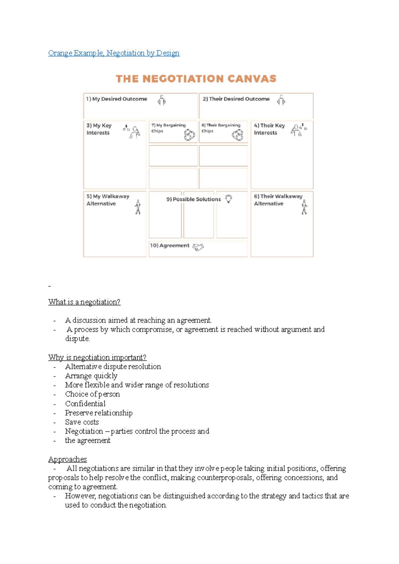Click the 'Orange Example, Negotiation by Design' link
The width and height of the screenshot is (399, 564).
(x=114, y=53)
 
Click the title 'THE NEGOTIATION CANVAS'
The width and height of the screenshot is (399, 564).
(x=196, y=79)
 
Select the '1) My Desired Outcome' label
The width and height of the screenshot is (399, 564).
(x=116, y=99)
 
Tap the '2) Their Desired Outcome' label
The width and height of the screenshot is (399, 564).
(x=236, y=99)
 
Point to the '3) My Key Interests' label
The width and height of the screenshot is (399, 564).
(x=99, y=129)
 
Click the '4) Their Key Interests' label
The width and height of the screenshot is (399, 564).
(x=269, y=129)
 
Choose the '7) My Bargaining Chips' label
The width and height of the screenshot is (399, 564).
(x=168, y=128)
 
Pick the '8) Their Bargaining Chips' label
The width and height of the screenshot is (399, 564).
(x=220, y=128)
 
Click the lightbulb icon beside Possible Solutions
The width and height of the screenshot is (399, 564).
(x=229, y=199)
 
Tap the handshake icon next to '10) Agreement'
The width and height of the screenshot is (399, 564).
(x=198, y=247)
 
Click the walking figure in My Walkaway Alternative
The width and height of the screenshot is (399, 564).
(x=138, y=207)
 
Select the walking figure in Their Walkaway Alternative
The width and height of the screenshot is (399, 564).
(x=304, y=207)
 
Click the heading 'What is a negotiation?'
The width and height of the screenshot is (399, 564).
(x=84, y=302)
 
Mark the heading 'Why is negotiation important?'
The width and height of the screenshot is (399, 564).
(x=97, y=357)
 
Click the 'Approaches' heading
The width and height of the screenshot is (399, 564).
(x=67, y=459)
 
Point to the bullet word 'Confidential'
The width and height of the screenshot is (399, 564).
(x=85, y=404)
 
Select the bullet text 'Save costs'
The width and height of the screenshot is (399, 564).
(x=82, y=422)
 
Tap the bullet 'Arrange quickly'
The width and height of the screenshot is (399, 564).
(x=91, y=376)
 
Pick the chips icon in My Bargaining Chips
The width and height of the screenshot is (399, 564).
(x=190, y=135)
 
